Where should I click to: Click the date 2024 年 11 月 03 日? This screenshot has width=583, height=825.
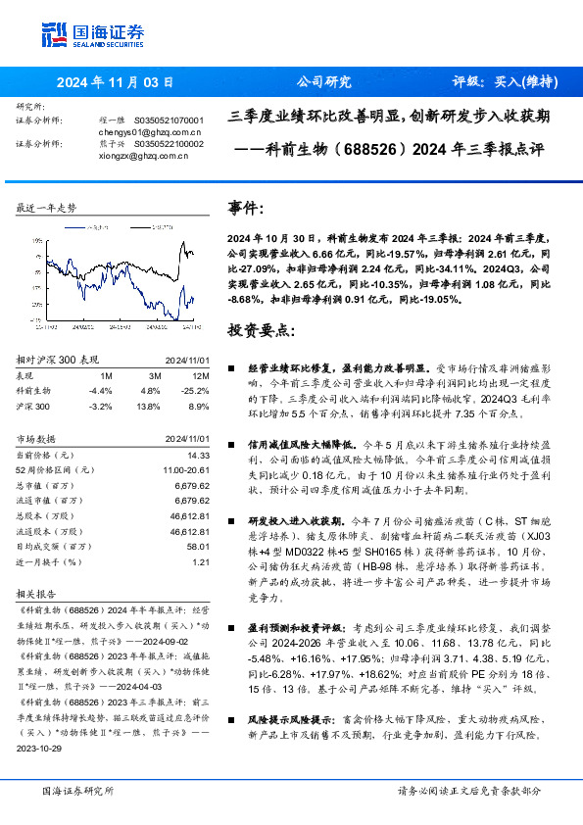click(x=116, y=82)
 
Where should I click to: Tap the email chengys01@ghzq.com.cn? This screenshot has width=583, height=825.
click(x=150, y=131)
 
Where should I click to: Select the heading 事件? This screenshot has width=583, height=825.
click(x=246, y=209)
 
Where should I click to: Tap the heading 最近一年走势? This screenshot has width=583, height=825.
click(x=46, y=209)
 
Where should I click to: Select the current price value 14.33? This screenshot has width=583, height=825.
click(x=199, y=455)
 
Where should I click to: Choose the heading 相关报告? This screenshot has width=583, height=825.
click(x=38, y=594)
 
